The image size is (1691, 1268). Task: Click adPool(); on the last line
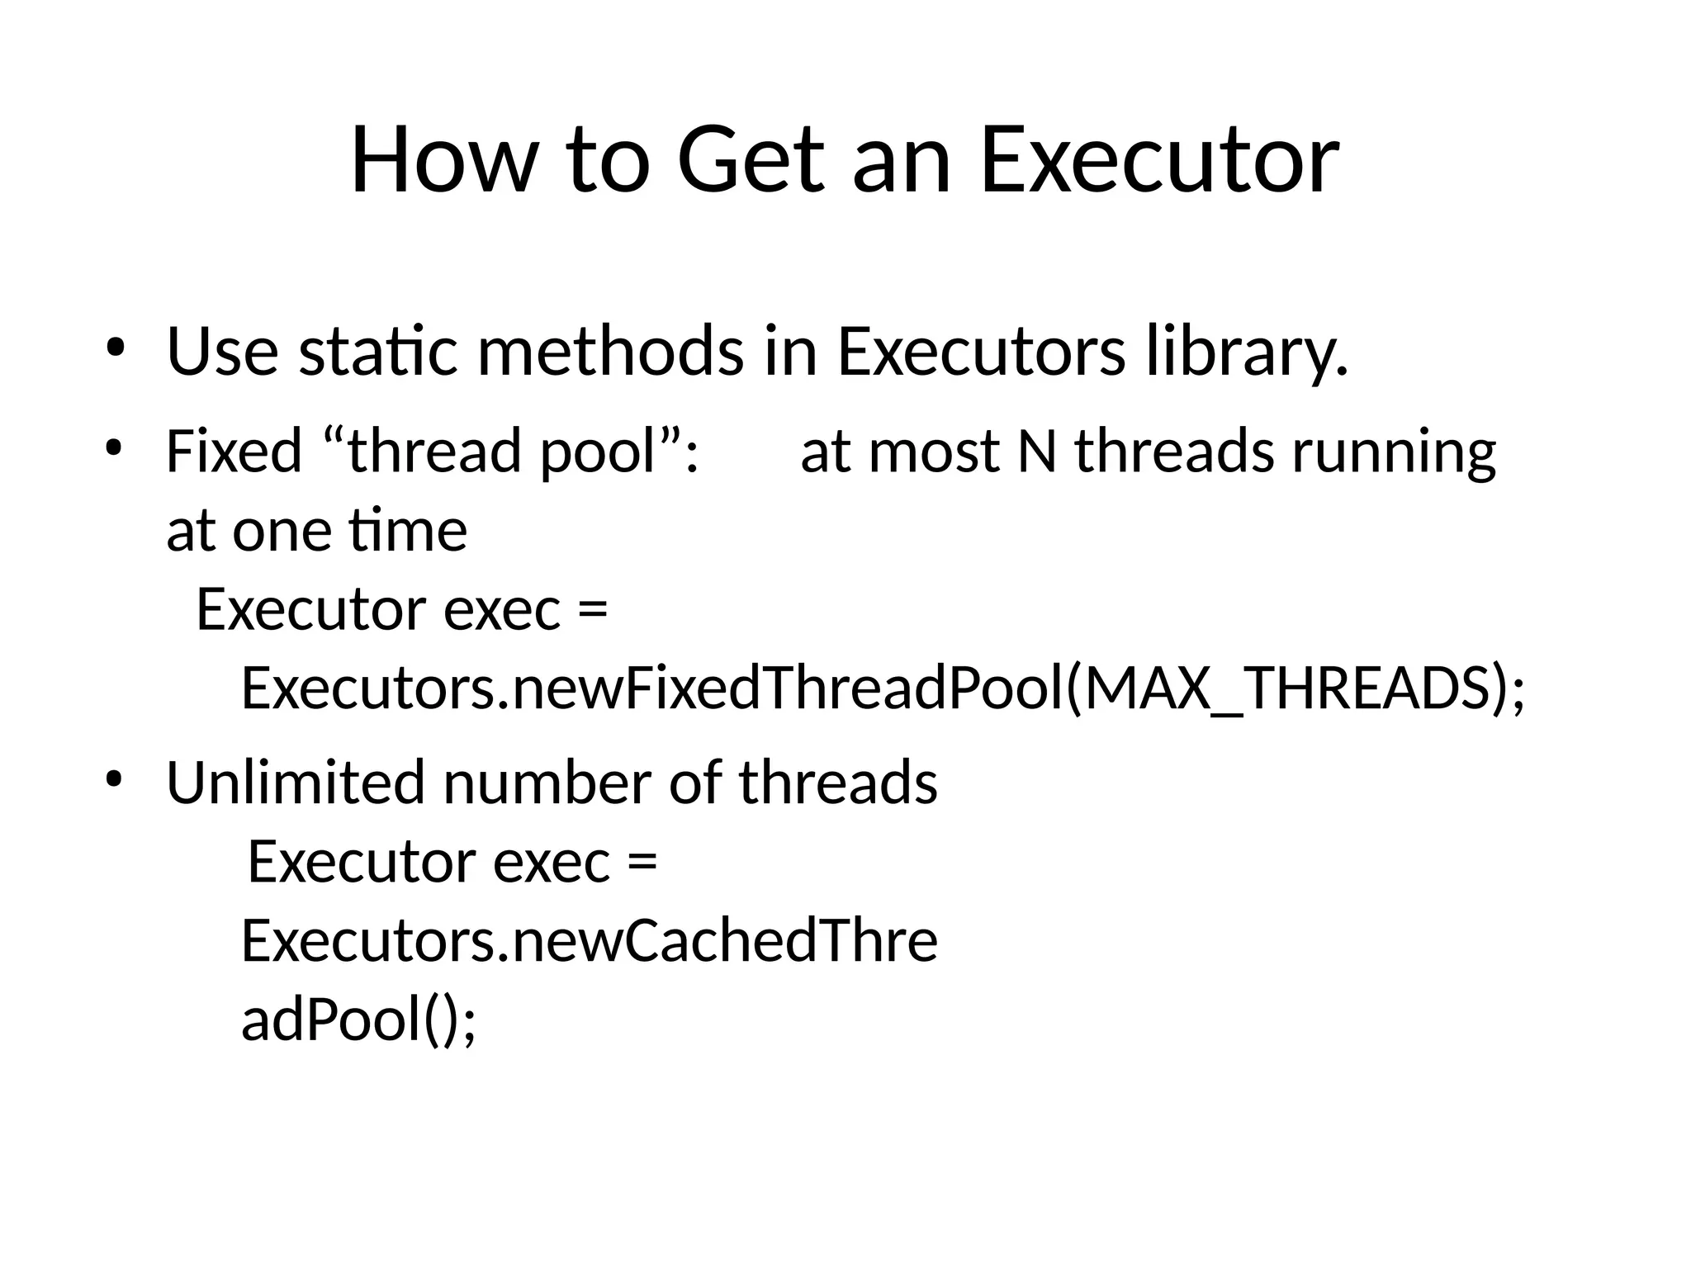[x=358, y=1020]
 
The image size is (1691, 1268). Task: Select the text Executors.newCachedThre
[x=589, y=941]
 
